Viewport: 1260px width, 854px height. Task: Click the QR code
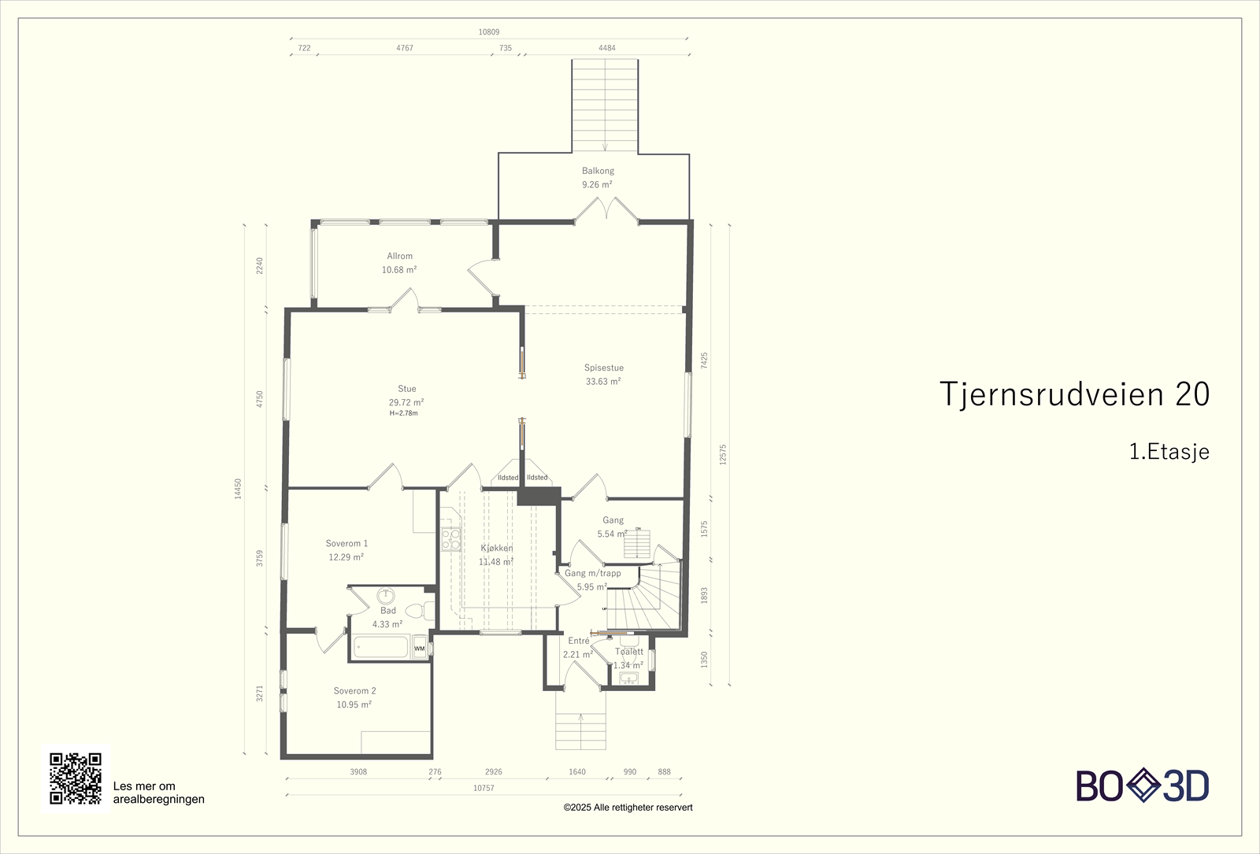coord(76,778)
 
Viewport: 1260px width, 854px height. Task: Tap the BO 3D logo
coord(1142,786)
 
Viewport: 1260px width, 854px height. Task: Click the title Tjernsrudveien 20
coord(1074,394)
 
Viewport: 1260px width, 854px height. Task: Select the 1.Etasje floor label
coord(1169,452)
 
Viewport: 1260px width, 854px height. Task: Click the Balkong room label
coord(598,171)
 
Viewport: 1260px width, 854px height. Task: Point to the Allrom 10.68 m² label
coord(399,263)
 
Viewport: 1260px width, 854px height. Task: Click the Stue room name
coord(406,389)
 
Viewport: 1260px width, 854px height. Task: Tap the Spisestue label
coord(604,368)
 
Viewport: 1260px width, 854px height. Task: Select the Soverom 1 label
coord(346,543)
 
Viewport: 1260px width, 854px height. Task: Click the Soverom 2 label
coord(354,691)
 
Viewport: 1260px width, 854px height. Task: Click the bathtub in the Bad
coord(381,647)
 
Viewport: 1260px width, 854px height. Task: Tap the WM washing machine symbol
coord(420,649)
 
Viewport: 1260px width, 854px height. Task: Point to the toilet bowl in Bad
coord(414,610)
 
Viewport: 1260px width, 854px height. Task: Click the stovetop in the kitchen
coord(450,539)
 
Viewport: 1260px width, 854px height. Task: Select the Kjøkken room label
coord(497,548)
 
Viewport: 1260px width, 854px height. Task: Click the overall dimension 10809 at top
coord(488,32)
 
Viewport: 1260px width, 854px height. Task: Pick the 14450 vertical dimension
coord(238,488)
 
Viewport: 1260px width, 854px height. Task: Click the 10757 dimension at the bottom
coord(484,788)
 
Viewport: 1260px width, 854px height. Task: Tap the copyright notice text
coord(628,808)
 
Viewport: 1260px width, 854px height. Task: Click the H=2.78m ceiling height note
coord(403,413)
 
